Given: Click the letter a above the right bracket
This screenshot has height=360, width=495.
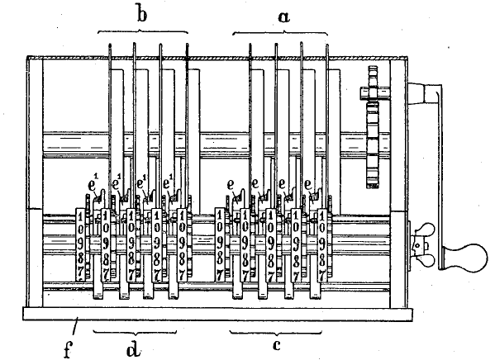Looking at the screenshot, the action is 283,17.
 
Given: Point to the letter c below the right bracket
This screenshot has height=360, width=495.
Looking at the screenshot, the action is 277,345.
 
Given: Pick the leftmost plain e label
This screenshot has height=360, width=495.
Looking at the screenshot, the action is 231,184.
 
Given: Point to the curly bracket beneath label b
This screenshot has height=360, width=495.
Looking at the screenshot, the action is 143,31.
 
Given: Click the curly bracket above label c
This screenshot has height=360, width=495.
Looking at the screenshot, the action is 276,333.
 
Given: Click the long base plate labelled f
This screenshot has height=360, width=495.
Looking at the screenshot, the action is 217,315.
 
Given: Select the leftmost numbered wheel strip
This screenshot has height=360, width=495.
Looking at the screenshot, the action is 81,245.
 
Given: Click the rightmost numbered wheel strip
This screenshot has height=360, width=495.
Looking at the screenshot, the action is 322,245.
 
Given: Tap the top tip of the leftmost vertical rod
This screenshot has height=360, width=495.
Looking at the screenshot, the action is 110,44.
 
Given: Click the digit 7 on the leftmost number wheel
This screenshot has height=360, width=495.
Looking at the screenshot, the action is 80,274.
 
